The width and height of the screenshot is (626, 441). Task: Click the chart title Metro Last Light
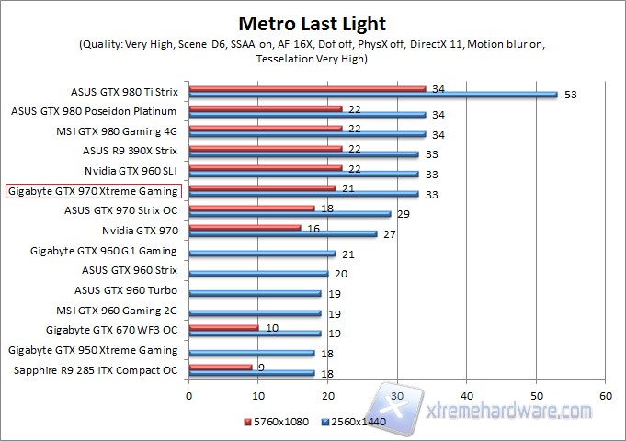tap(313, 21)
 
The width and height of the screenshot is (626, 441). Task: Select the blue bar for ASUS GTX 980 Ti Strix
tap(372, 94)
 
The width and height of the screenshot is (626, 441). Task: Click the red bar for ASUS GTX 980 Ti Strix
tap(307, 89)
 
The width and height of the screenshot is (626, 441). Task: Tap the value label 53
tap(572, 94)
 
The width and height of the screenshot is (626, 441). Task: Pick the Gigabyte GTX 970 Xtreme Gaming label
tap(94, 191)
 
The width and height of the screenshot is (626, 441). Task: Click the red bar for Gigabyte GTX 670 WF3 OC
tap(223, 327)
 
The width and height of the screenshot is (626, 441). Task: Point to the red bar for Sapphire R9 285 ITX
tap(220, 367)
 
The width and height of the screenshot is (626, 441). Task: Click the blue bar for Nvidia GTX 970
tap(282, 233)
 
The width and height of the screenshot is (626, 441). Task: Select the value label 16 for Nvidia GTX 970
tap(313, 228)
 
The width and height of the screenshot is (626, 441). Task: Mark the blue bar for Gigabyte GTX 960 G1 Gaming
tap(261, 253)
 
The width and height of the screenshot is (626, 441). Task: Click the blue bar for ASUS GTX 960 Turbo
tap(255, 293)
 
